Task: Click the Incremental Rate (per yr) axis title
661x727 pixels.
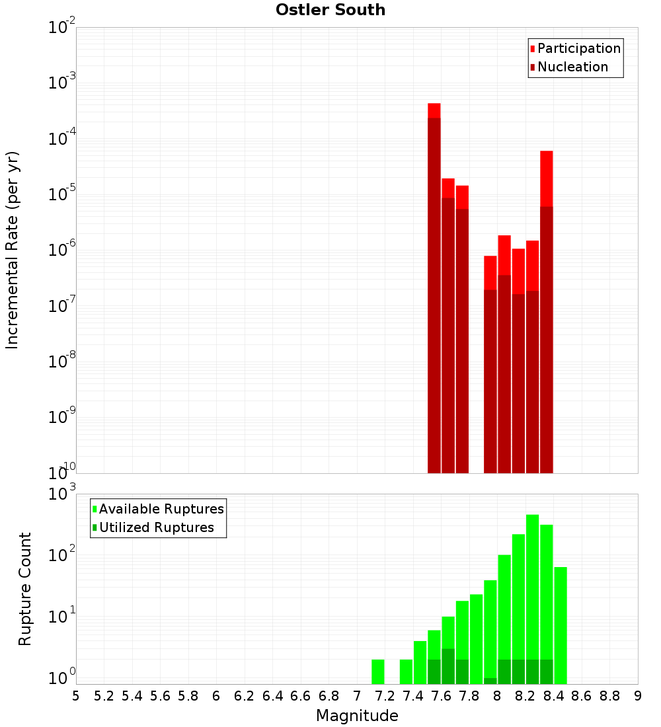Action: [x=13, y=250]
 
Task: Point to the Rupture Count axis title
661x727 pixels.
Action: [x=25, y=589]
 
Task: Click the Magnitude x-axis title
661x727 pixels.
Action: [x=357, y=716]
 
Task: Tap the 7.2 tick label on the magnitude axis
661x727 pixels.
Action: [x=385, y=696]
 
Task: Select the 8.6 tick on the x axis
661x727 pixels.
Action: [x=582, y=696]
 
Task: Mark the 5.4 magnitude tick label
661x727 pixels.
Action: [x=132, y=696]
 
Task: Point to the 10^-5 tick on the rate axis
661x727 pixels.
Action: [x=63, y=195]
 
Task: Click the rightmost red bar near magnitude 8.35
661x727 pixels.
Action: [x=547, y=311]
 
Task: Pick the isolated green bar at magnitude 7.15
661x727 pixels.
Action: [x=378, y=671]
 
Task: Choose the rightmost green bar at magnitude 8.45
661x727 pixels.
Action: [x=561, y=625]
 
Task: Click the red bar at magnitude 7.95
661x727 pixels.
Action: [x=490, y=363]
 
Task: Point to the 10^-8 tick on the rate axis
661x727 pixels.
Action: [x=63, y=362]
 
